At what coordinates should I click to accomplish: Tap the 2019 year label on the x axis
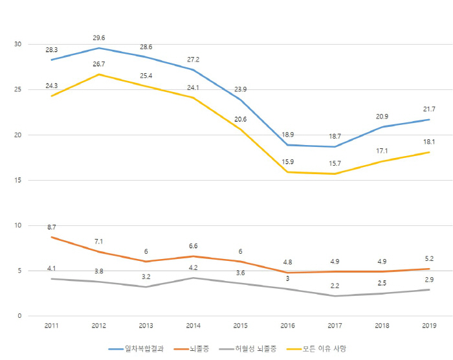pos(429,324)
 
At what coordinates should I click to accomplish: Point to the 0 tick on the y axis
pos(19,316)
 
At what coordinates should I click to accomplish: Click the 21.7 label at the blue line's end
pos(428,109)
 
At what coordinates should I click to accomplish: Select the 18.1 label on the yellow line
pos(428,142)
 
